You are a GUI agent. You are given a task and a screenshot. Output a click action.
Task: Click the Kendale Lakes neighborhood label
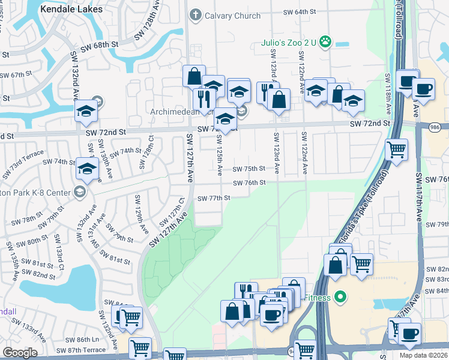tap(71, 9)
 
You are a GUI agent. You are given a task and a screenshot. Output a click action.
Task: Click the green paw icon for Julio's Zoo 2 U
tap(325, 41)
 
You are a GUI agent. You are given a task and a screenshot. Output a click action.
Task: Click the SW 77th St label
tap(214, 198)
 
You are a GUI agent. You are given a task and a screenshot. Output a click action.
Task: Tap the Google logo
tap(20, 353)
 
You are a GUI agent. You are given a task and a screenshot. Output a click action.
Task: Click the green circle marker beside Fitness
tap(340, 296)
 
